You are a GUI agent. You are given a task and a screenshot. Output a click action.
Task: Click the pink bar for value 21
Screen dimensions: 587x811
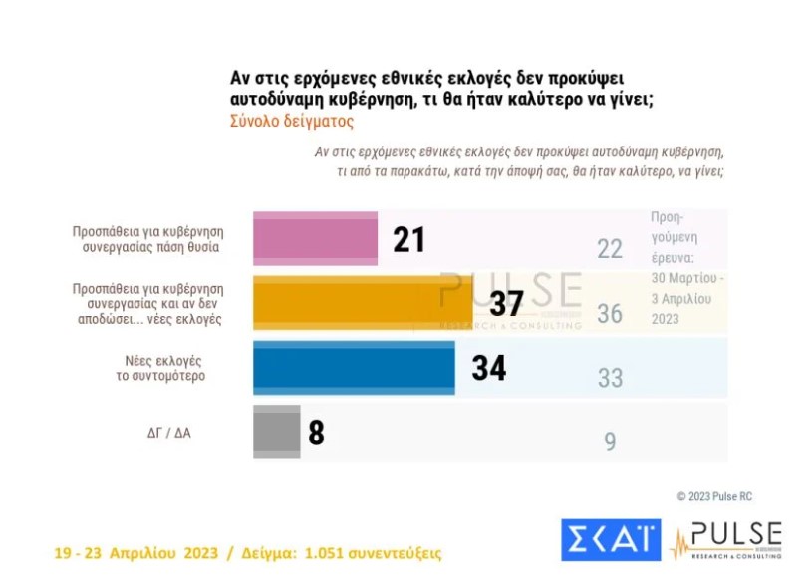point(316,239)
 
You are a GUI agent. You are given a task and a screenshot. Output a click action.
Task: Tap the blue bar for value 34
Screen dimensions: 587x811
point(354,368)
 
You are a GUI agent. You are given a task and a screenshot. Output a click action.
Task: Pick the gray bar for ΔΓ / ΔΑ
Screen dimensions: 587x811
point(277,433)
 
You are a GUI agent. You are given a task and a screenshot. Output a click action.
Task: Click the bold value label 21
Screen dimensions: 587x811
point(408,240)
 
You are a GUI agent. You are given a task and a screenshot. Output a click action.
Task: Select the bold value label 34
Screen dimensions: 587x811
point(488,368)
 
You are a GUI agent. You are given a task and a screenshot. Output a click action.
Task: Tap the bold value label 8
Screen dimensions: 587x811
point(317,434)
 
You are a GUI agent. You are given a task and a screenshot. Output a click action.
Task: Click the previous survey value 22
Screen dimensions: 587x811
point(610,249)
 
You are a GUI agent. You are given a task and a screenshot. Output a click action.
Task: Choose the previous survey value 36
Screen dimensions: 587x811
point(610,314)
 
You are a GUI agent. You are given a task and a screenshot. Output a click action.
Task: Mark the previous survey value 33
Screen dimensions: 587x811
point(610,378)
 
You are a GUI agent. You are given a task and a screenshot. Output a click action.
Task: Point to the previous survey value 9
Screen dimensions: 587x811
point(610,441)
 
